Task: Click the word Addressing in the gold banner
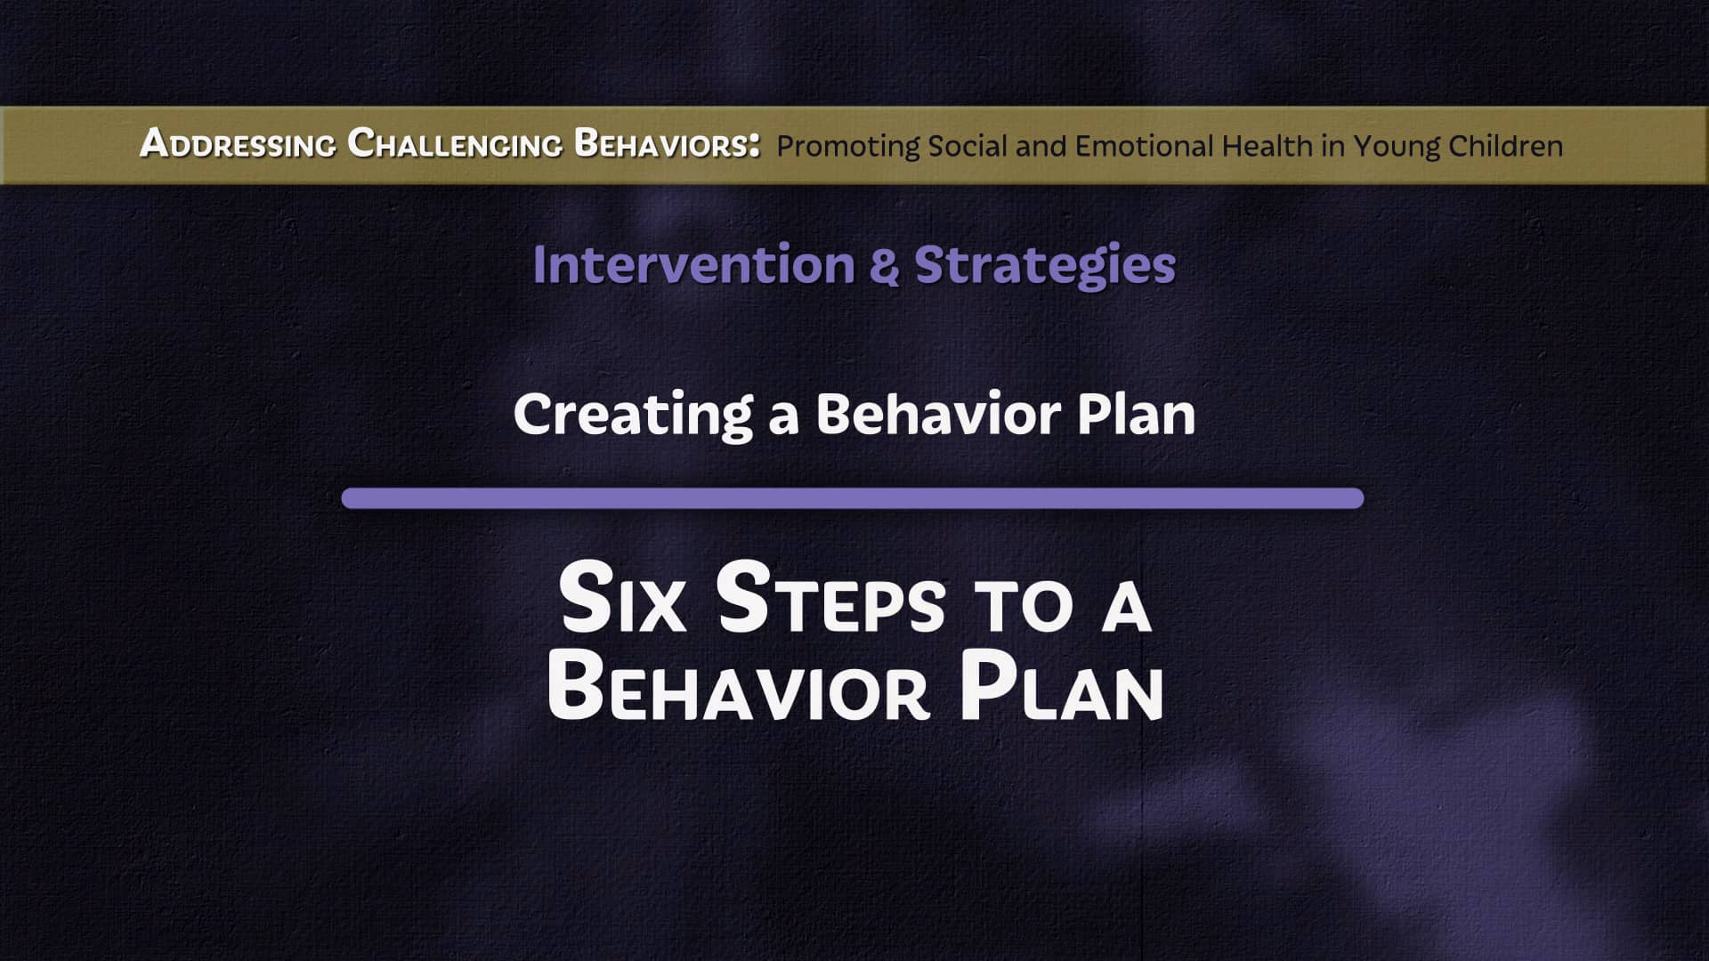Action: [x=238, y=143]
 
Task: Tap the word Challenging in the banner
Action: [x=454, y=143]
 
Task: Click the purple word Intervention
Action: [x=693, y=265]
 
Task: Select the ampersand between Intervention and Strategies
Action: [x=886, y=266]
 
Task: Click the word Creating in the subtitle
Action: [x=633, y=416]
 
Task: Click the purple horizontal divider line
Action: [x=852, y=498]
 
